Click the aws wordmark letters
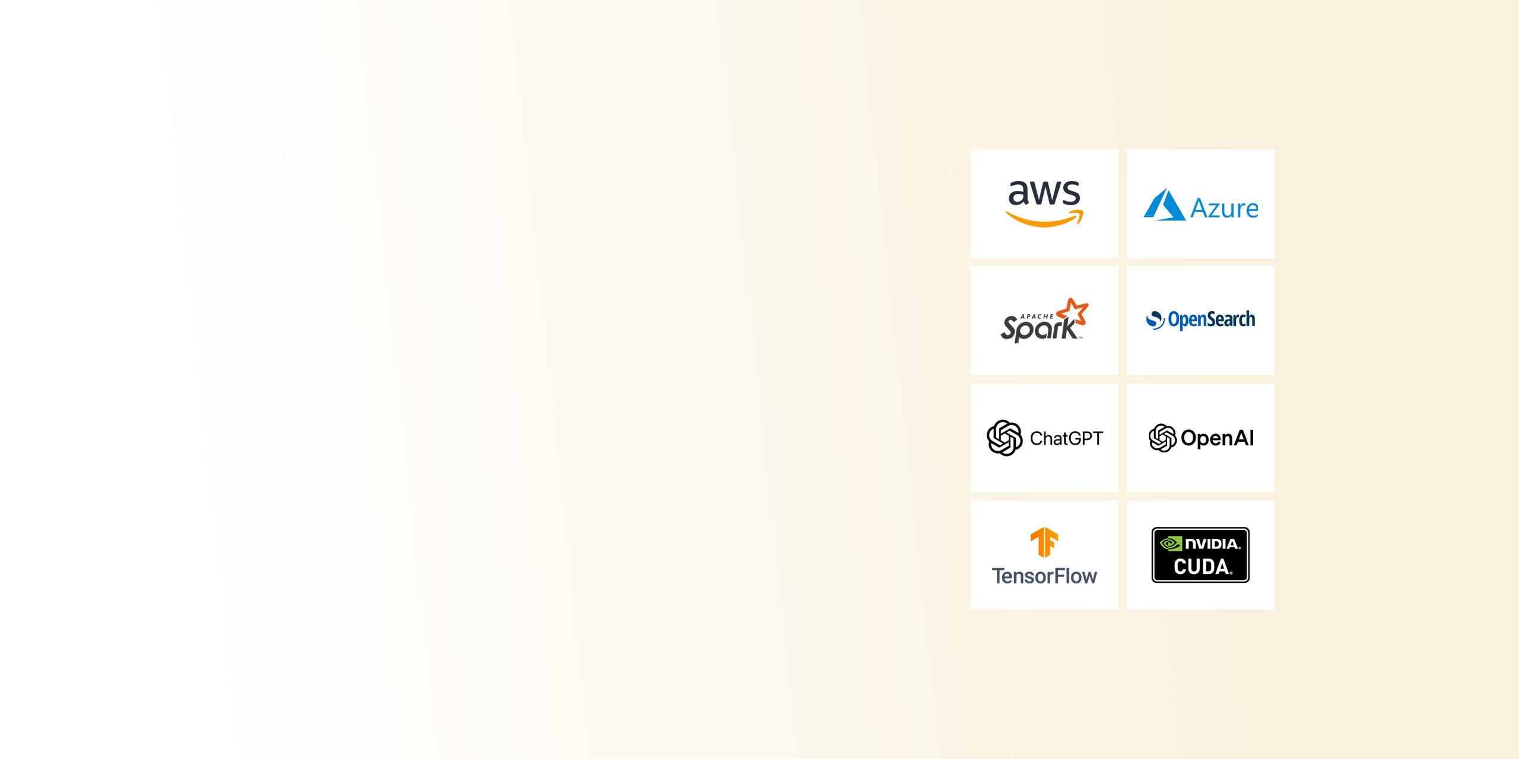coord(1044,193)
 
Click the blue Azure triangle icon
coord(1164,205)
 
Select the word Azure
coord(1224,209)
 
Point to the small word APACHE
coord(1037,317)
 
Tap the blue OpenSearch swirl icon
coord(1155,320)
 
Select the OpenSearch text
coord(1212,320)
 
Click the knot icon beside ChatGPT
coord(1005,438)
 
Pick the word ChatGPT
coord(1066,439)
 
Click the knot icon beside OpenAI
coord(1162,438)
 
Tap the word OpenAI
coord(1217,438)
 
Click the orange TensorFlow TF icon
coord(1044,542)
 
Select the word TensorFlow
coord(1044,576)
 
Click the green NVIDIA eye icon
coord(1171,544)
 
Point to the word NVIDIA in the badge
coord(1212,544)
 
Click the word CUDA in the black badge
coord(1202,567)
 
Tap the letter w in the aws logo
coord(1045,194)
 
